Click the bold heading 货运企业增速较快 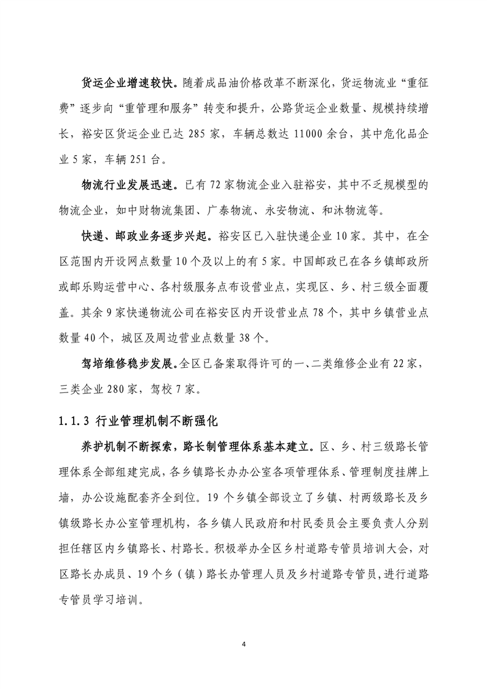130,83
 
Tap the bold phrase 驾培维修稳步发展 130,365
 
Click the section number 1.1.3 73,422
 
